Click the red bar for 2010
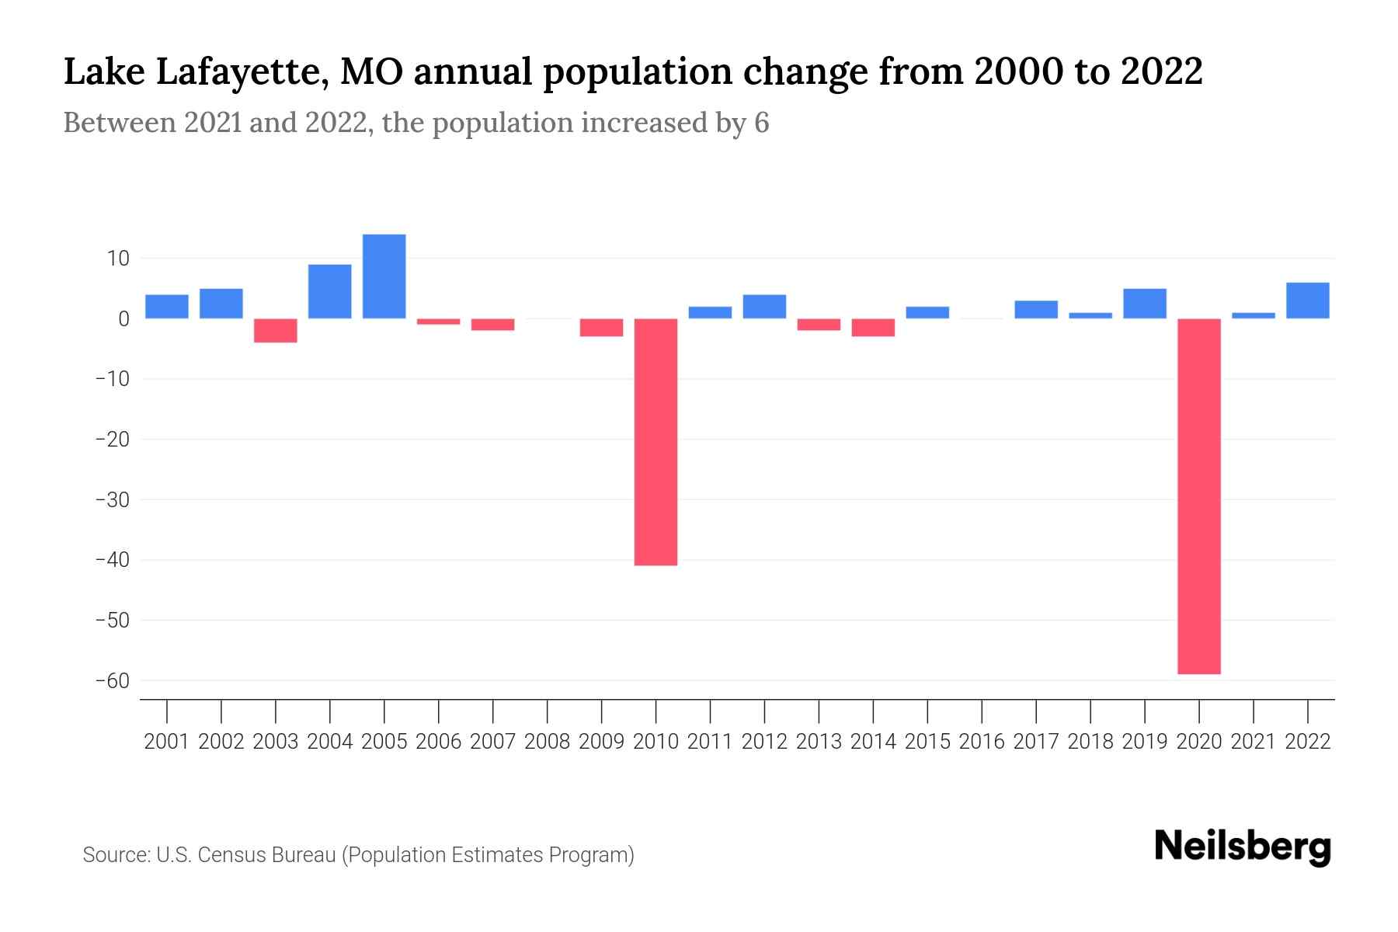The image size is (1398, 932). [656, 441]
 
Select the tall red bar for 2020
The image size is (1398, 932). [1198, 496]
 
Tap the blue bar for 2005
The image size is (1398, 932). [384, 276]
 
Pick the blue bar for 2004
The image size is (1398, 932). [330, 291]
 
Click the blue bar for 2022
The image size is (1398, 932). [1307, 301]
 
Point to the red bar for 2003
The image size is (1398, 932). [276, 330]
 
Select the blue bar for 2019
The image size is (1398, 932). [1144, 304]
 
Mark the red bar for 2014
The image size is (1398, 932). [873, 327]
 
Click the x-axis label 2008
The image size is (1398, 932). [548, 742]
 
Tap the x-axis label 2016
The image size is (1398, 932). [982, 742]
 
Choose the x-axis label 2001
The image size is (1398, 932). [167, 742]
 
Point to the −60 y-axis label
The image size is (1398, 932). [112, 681]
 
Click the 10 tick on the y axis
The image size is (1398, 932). [118, 259]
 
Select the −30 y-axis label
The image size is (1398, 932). [112, 500]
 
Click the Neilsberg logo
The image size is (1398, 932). [1243, 847]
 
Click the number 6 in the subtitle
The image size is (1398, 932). [761, 123]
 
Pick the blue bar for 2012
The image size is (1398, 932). [764, 307]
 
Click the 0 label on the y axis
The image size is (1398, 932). [123, 319]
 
